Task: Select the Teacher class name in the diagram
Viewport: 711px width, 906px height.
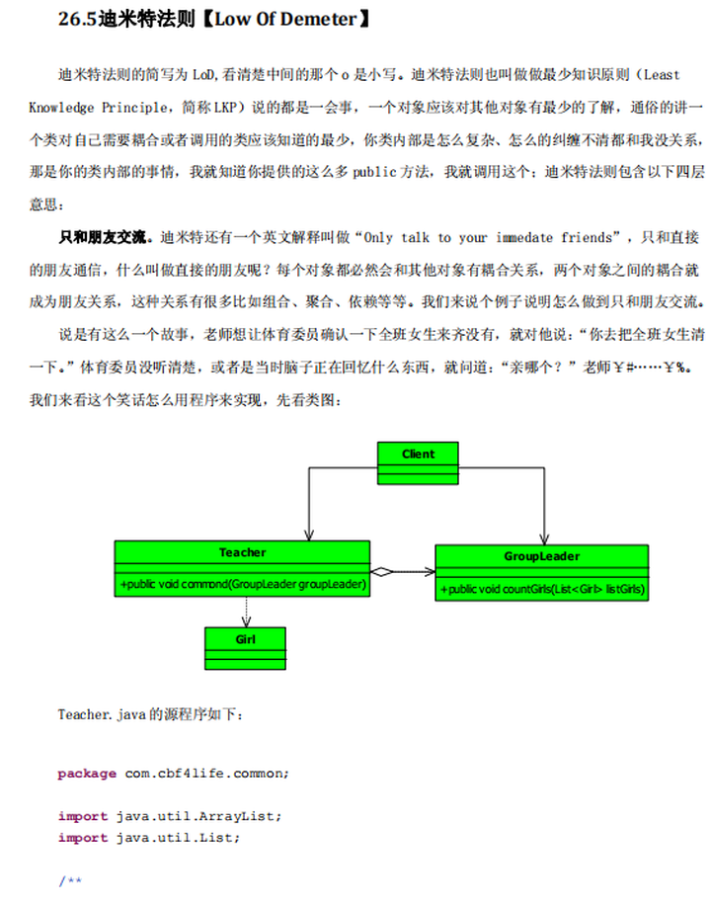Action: click(242, 552)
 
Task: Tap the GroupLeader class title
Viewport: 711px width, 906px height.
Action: click(541, 556)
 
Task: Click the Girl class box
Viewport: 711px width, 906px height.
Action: click(245, 649)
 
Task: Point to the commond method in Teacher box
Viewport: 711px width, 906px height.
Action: click(243, 585)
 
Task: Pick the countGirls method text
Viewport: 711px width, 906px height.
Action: click(541, 589)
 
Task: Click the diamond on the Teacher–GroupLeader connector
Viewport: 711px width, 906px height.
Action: click(381, 571)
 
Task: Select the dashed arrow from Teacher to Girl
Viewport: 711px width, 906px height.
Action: click(245, 612)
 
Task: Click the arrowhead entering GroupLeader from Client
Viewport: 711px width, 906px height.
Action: click(542, 538)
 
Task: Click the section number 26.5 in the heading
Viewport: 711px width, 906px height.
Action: click(78, 19)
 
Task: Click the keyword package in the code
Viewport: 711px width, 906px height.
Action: click(87, 774)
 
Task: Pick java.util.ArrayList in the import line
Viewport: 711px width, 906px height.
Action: click(198, 816)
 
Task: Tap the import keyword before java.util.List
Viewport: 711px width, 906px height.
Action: click(83, 838)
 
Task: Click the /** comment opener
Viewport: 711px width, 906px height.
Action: click(69, 880)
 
